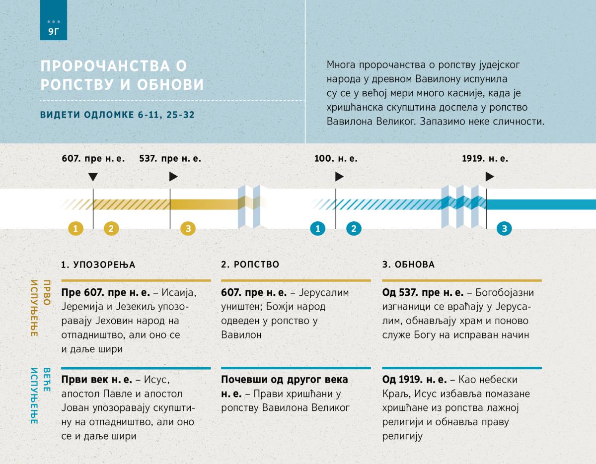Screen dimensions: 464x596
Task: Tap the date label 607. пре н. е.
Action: (x=93, y=159)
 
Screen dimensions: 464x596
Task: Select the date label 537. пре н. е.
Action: (x=170, y=159)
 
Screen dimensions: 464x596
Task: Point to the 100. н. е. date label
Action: (x=336, y=159)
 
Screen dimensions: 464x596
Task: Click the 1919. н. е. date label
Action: (x=485, y=159)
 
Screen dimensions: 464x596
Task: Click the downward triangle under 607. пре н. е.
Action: (x=93, y=177)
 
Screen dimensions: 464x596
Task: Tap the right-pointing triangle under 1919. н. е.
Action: (x=490, y=177)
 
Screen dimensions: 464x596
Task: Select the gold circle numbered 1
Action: (x=75, y=228)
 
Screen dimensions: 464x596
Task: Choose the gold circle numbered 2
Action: (x=111, y=228)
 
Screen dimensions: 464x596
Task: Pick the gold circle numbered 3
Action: (x=188, y=228)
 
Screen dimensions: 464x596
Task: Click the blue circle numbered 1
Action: (x=317, y=228)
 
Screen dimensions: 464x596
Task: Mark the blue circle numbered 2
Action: (x=354, y=228)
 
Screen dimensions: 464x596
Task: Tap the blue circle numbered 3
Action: (x=505, y=228)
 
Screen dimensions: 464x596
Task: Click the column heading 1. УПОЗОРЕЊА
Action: (x=98, y=265)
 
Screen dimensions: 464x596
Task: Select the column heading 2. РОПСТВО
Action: (x=250, y=265)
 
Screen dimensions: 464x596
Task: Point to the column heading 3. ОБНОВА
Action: (x=408, y=265)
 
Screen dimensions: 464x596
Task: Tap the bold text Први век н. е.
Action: (x=97, y=380)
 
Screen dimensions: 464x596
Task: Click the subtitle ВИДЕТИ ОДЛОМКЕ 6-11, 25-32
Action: (x=117, y=115)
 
